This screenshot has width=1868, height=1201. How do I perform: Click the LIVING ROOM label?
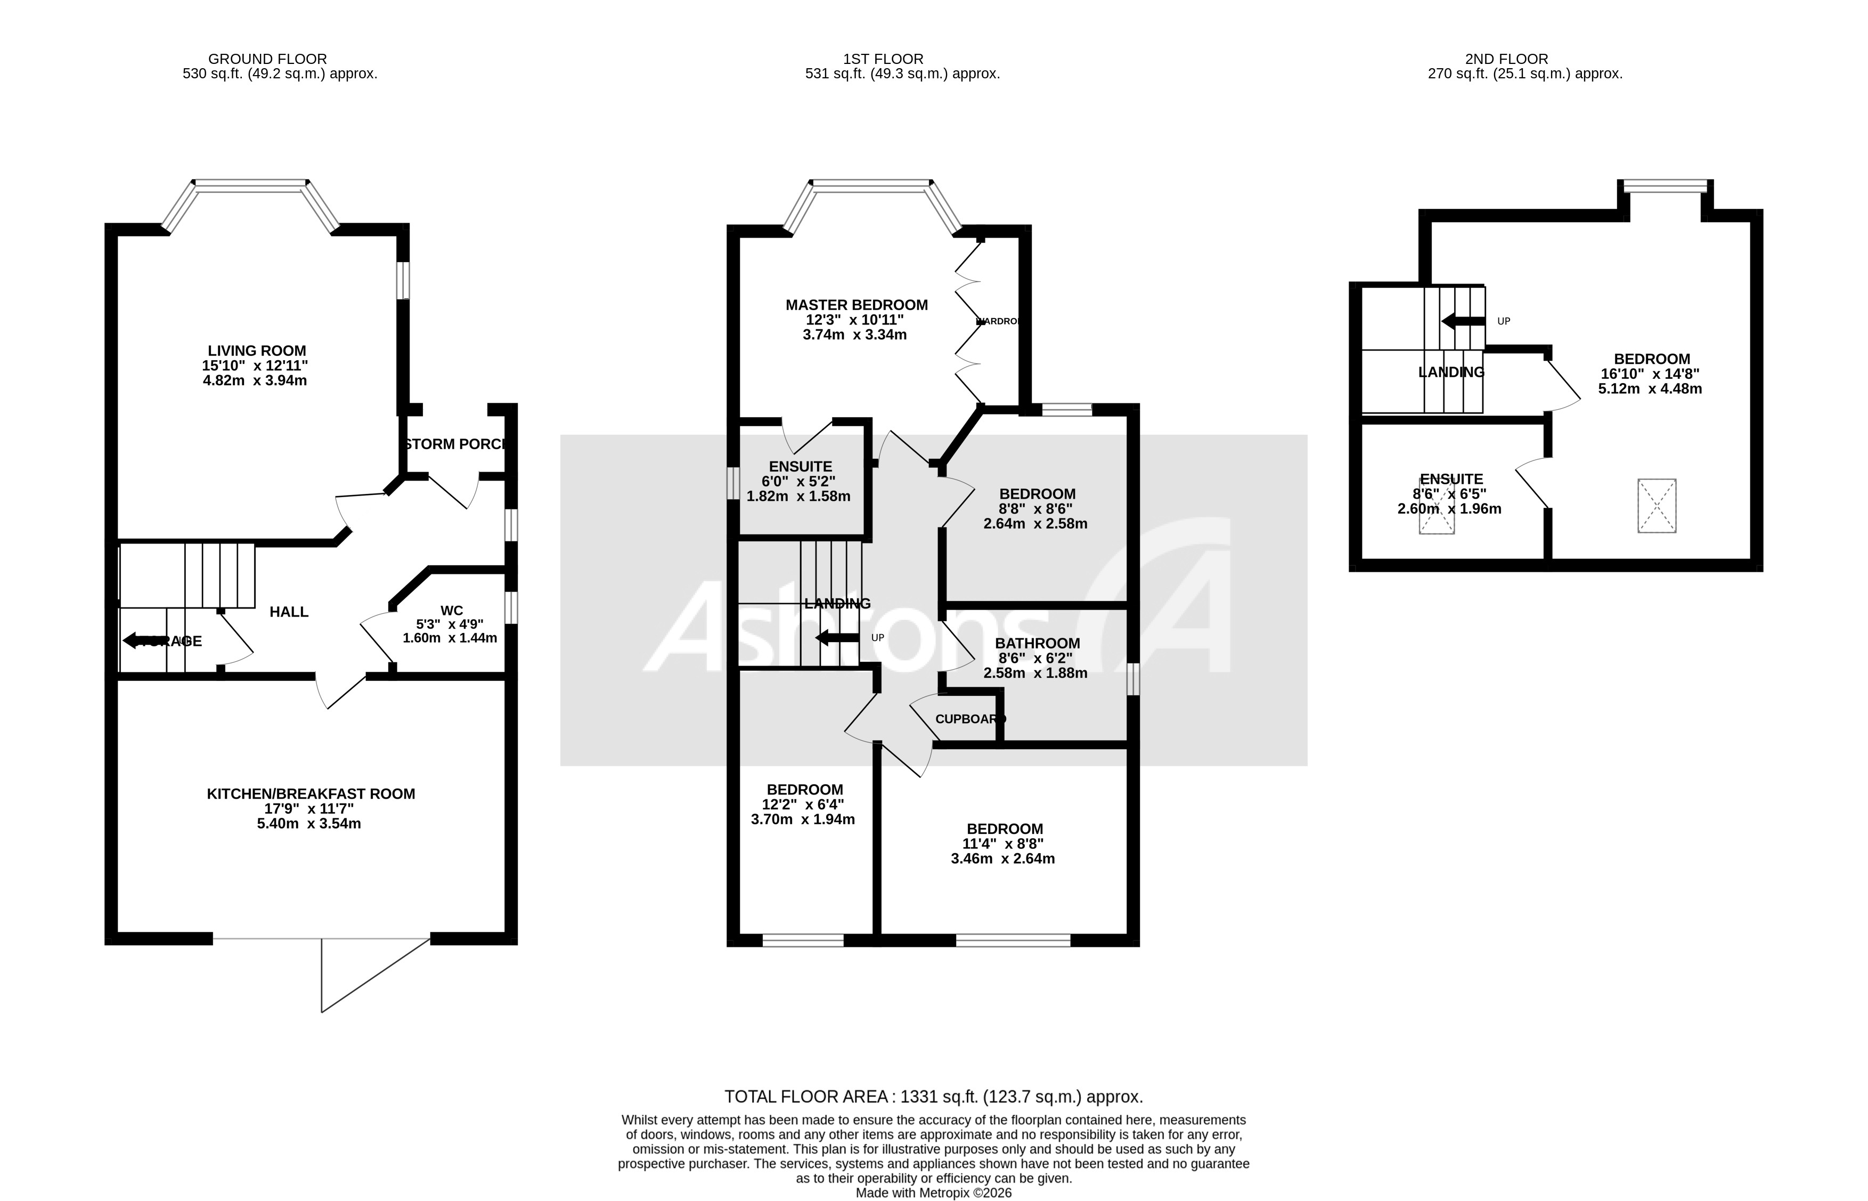[257, 351]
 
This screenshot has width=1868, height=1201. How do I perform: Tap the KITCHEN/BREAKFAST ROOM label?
[311, 794]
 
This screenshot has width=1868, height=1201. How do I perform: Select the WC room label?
[451, 611]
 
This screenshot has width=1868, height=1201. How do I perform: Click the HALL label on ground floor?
[289, 612]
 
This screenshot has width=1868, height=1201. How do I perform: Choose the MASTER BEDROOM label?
[856, 305]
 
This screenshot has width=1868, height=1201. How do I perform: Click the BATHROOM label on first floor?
[1037, 644]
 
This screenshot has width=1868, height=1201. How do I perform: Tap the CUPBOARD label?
[965, 719]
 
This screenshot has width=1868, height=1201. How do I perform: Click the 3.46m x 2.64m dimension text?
[1002, 858]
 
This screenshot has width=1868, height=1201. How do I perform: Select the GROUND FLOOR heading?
[267, 59]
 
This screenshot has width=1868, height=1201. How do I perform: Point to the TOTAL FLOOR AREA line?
[933, 1097]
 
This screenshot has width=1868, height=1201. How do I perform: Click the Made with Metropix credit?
[933, 1193]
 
